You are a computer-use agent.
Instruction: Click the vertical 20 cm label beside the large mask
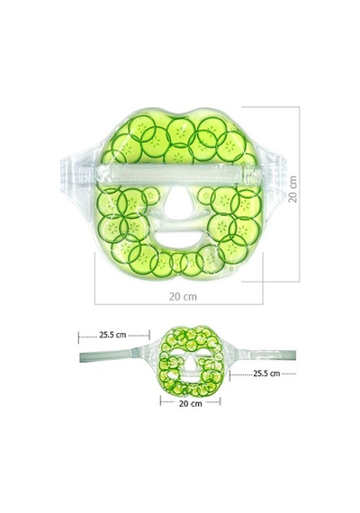pyautogui.click(x=293, y=189)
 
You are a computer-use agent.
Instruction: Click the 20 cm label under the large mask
pyautogui.click(x=183, y=297)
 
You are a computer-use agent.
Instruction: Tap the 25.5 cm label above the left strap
pyautogui.click(x=112, y=335)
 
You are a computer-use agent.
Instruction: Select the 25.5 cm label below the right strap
pyautogui.click(x=266, y=373)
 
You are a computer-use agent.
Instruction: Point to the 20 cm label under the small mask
pyautogui.click(x=191, y=404)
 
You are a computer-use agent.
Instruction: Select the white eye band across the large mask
pyautogui.click(x=179, y=175)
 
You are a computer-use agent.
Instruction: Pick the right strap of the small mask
pyautogui.click(x=268, y=355)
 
